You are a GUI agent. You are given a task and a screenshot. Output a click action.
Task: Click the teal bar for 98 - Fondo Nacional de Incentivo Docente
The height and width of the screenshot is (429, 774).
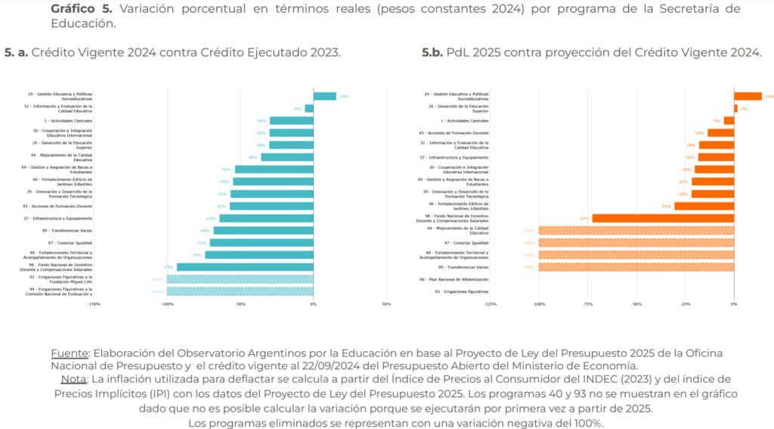245,267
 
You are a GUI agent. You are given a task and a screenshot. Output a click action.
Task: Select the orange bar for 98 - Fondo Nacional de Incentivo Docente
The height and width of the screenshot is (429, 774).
663,218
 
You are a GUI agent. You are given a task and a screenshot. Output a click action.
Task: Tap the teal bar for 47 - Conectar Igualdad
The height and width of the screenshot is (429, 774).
262,243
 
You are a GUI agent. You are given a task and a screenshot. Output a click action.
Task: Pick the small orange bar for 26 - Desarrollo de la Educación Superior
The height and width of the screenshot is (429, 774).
735,108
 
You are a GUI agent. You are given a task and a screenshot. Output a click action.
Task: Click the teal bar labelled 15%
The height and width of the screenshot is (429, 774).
324,96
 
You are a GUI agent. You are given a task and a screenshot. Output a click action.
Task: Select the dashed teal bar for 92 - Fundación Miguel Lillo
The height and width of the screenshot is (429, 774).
240,279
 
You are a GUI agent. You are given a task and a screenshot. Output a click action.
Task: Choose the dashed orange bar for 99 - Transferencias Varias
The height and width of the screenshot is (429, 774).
636,267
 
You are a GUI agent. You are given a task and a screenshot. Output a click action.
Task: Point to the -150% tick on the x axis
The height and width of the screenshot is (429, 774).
94,304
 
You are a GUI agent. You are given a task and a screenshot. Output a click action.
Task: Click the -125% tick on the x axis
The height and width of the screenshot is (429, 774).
490,304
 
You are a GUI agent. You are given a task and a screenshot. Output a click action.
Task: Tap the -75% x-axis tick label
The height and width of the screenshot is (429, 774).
587,304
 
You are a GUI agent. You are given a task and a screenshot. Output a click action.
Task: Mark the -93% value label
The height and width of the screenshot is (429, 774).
169,267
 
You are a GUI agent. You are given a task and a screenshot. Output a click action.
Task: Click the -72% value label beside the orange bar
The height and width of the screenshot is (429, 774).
584,218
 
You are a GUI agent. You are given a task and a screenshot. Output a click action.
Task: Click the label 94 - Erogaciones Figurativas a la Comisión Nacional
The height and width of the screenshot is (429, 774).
60,291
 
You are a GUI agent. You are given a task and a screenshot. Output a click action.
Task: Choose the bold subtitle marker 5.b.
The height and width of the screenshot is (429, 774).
433,53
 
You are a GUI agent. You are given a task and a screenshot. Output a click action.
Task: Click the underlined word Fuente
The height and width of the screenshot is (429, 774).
69,353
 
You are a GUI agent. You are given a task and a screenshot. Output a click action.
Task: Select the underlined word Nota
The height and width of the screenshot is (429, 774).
73,378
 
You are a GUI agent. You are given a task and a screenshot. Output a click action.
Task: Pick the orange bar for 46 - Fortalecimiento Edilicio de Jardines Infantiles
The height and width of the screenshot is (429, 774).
704,206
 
